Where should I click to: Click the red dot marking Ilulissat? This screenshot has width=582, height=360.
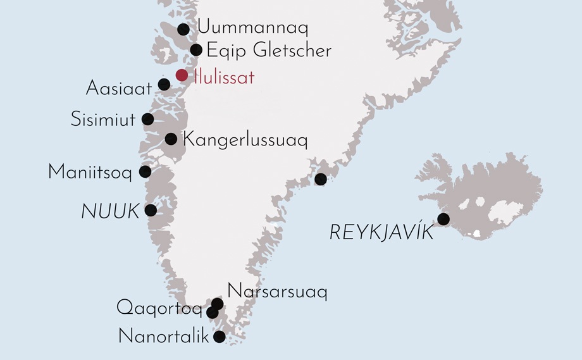tap(182, 75)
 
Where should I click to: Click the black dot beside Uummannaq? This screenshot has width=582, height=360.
tap(183, 29)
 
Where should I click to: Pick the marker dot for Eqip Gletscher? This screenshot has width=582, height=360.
tap(196, 50)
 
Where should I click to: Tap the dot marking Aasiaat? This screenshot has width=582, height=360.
tap(164, 85)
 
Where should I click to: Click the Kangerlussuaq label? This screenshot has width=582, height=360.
tap(245, 140)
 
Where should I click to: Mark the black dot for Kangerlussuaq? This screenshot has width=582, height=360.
tap(170, 139)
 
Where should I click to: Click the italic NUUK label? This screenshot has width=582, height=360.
tap(110, 213)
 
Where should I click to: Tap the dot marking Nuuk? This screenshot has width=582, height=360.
tap(151, 210)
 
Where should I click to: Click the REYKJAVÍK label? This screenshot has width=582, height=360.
tap(381, 233)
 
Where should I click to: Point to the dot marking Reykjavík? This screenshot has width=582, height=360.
tap(443, 220)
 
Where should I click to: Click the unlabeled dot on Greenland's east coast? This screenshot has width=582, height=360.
tap(321, 179)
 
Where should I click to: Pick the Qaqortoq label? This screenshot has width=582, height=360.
tap(159, 310)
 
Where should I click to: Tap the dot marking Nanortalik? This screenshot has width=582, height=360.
tap(219, 337)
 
